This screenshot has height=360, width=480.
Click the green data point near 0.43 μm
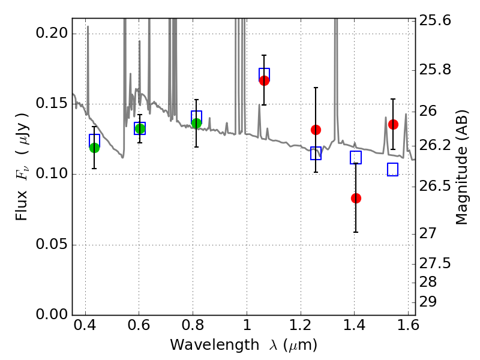94,148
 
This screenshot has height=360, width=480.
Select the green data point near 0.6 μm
140,128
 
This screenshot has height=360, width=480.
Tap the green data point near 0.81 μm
196,123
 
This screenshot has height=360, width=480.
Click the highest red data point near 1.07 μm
264,80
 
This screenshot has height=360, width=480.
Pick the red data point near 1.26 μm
316,130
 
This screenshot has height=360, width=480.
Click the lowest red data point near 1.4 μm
356,198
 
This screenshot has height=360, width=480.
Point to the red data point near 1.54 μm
393,124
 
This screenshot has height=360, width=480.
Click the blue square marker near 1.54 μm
392,170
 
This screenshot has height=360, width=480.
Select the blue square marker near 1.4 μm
356,158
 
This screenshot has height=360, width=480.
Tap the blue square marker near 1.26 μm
316,154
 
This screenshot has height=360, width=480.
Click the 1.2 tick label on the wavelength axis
300,328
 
